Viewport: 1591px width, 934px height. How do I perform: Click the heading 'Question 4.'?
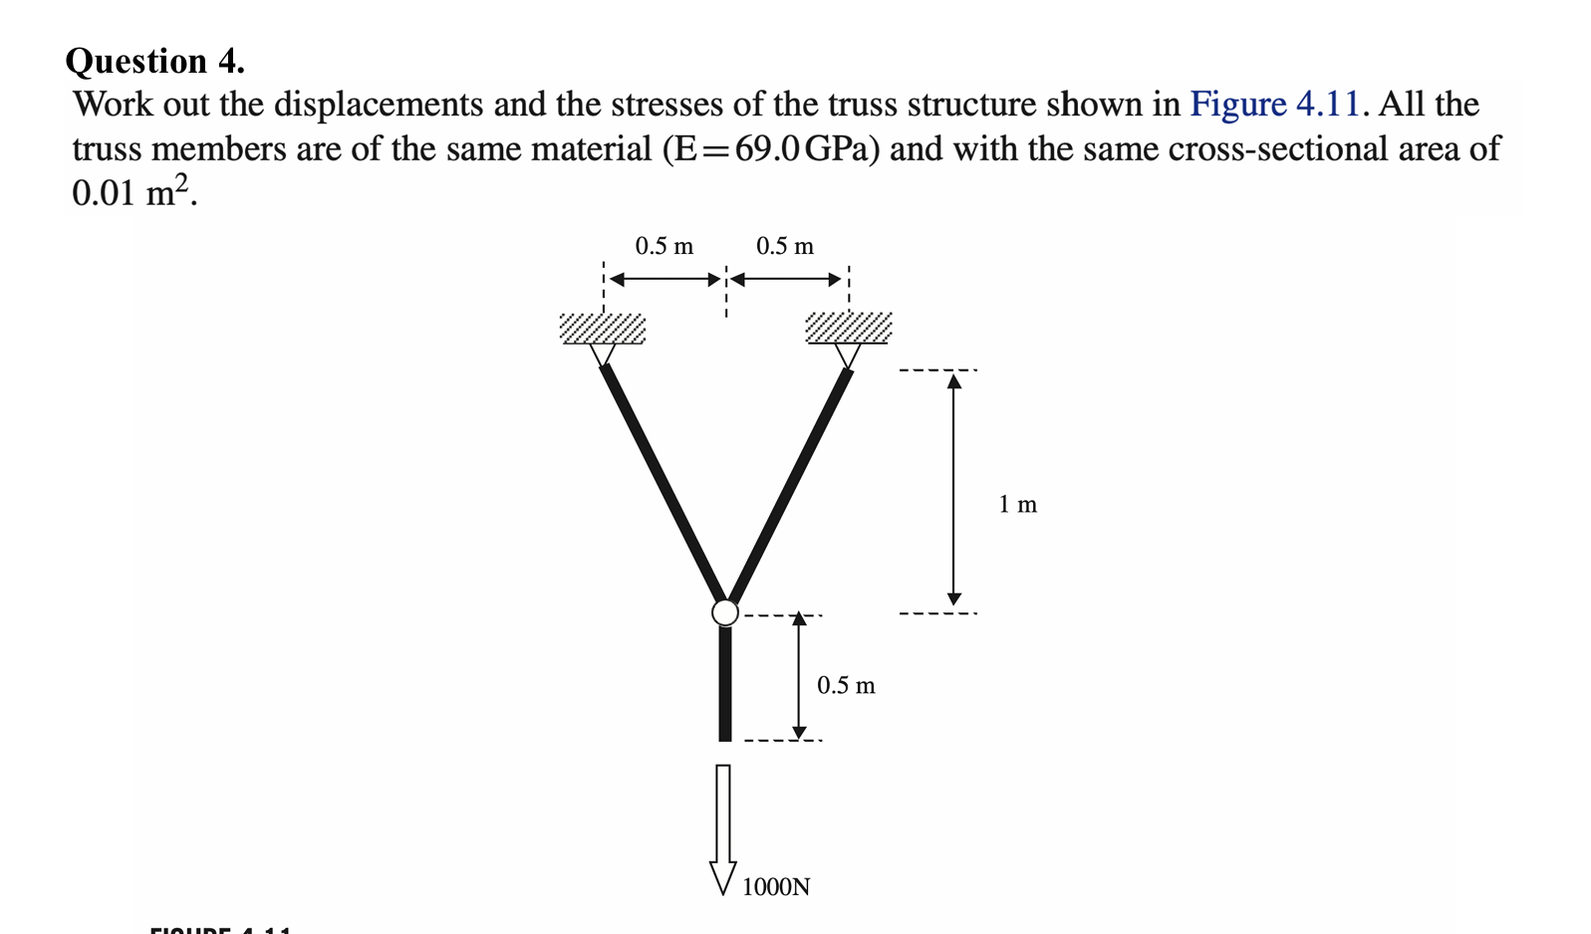[154, 62]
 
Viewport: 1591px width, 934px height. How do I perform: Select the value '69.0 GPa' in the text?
[807, 149]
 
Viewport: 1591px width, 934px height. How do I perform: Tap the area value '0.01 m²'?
[133, 191]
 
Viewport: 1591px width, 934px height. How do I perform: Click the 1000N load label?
[776, 886]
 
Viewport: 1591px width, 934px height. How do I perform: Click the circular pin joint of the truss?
[725, 611]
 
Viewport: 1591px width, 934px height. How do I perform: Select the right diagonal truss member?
[790, 484]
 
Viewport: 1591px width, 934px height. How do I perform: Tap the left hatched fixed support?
[603, 329]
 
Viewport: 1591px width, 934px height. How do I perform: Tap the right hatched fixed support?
[848, 329]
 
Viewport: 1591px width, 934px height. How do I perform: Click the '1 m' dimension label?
[1017, 505]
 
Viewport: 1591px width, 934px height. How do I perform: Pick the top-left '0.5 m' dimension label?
[664, 246]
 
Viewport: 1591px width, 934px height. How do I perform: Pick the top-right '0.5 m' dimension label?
[785, 246]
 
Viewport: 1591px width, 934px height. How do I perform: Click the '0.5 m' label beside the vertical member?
[846, 685]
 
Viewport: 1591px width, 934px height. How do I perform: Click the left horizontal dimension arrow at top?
[664, 279]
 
